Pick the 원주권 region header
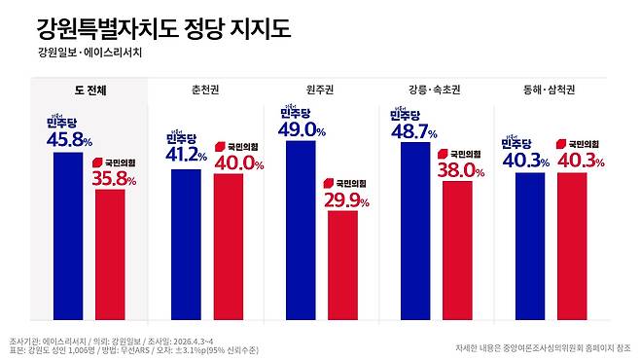click(x=320, y=90)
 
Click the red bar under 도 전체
click(x=110, y=255)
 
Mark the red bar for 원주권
click(x=342, y=266)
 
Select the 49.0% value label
click(x=300, y=128)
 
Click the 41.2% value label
click(x=187, y=156)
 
